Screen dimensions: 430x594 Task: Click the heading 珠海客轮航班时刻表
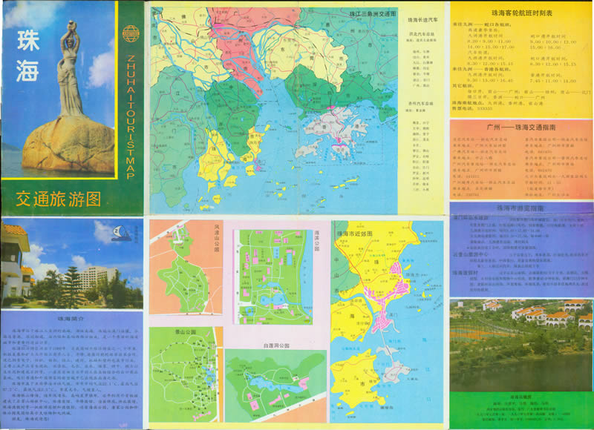(x=520, y=13)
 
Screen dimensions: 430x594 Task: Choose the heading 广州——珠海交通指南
(x=520, y=128)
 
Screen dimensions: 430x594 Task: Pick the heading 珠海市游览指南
(x=520, y=210)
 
